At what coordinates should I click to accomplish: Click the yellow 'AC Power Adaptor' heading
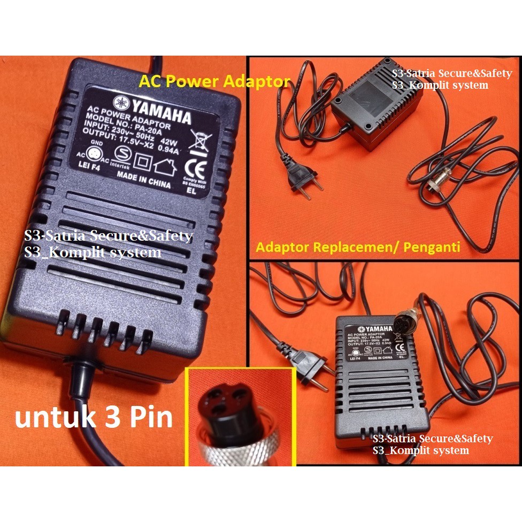tap(214, 82)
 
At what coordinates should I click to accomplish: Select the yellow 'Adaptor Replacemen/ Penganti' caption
tap(358, 248)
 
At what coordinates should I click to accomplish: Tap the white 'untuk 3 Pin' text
tap(94, 418)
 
